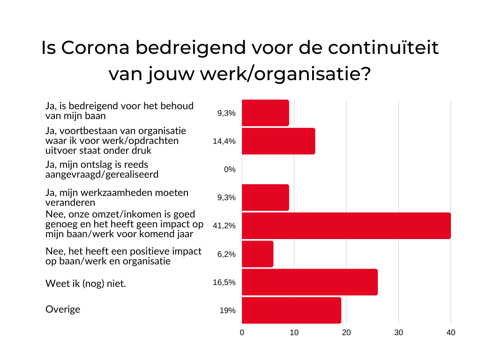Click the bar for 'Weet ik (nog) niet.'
309,282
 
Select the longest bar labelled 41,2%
346,225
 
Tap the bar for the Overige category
291,310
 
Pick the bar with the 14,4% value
278,141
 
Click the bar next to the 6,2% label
257,254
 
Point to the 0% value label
229,170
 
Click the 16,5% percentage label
224,283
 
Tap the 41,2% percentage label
224,226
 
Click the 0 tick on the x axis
242,332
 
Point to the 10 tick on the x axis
294,332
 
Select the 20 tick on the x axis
346,332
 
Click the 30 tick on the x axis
398,332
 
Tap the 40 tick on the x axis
451,332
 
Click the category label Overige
63,309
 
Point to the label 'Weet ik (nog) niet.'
86,283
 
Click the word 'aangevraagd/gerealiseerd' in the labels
102,174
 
